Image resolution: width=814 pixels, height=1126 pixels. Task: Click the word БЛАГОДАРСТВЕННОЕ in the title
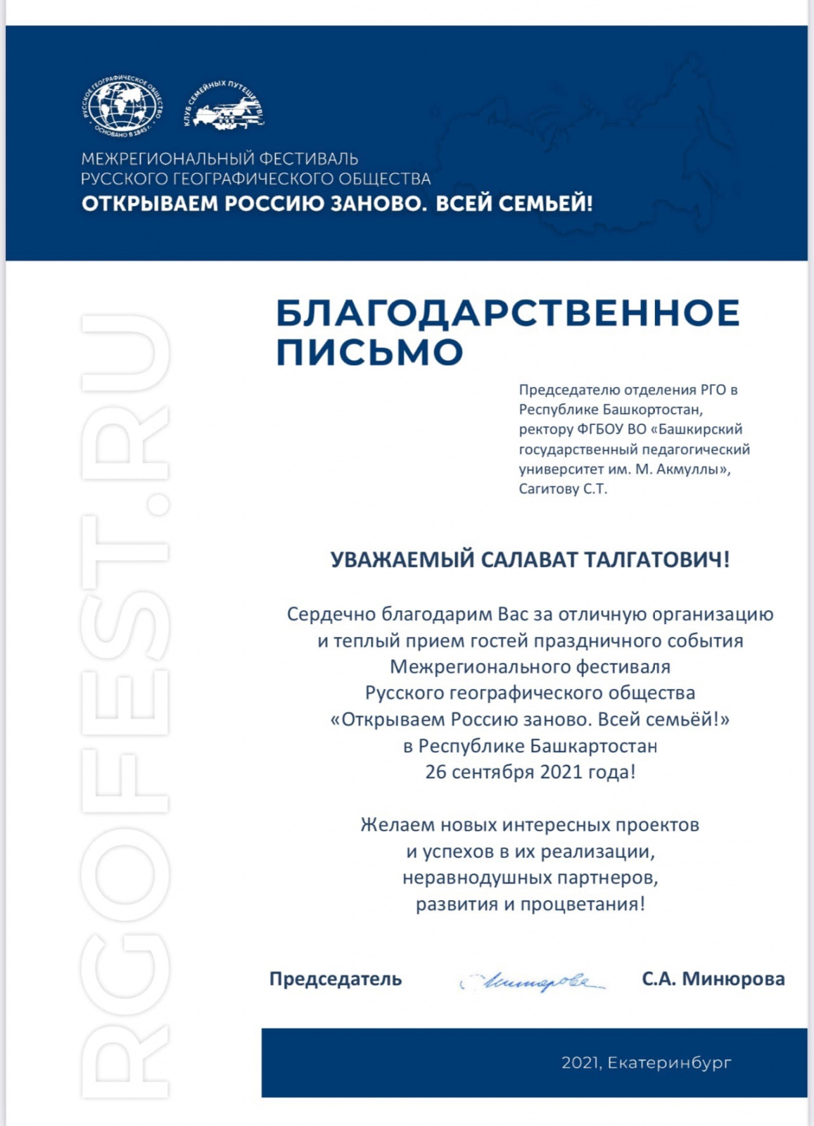507,313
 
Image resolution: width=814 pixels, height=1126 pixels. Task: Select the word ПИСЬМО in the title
369,352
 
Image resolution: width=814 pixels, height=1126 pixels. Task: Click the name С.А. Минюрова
713,979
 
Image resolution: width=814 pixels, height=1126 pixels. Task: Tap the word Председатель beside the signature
335,979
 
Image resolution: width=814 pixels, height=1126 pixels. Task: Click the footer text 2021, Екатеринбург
646,1063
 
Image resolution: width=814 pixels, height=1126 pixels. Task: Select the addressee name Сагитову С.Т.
563,488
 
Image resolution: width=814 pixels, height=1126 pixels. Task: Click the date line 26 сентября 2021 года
530,772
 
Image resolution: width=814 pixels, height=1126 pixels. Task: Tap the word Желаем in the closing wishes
398,825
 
